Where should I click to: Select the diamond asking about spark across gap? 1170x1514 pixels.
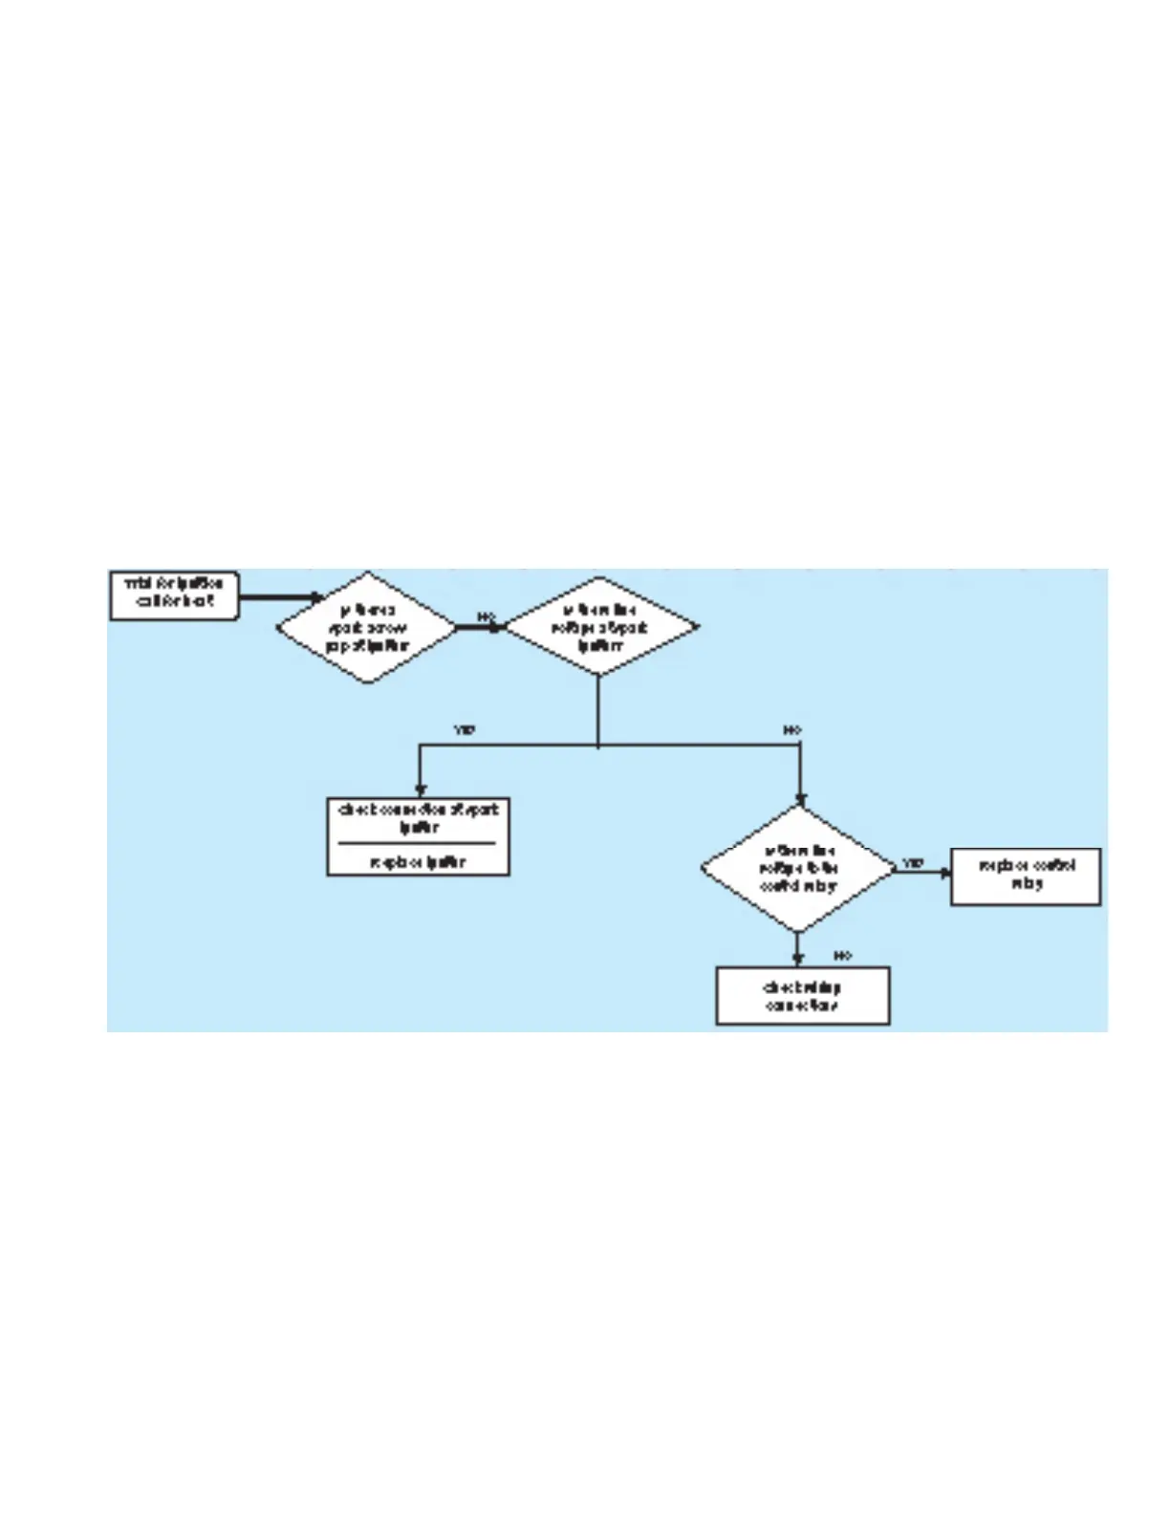click(367, 628)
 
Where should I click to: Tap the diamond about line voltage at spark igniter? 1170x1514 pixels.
click(599, 628)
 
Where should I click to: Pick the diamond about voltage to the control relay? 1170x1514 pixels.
click(798, 868)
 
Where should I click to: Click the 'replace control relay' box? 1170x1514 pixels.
click(1026, 876)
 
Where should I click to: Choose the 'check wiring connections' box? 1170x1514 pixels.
click(803, 996)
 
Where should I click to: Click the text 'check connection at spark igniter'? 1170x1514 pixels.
click(419, 818)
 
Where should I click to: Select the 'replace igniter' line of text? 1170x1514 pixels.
click(419, 861)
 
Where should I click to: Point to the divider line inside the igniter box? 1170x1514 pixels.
click(419, 843)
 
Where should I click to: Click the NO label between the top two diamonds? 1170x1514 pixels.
click(487, 616)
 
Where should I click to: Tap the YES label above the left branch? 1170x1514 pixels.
click(464, 730)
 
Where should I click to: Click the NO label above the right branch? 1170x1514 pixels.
click(792, 730)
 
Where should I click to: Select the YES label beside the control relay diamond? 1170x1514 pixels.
click(913, 863)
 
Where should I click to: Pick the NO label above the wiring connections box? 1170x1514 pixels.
click(842, 955)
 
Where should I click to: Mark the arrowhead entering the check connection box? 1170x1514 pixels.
click(421, 791)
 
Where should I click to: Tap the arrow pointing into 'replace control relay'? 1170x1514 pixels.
click(943, 872)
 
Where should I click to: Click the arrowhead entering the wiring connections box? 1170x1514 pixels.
click(798, 961)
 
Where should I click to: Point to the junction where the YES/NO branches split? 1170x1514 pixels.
click(598, 746)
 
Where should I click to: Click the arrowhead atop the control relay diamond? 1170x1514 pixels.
click(800, 800)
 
